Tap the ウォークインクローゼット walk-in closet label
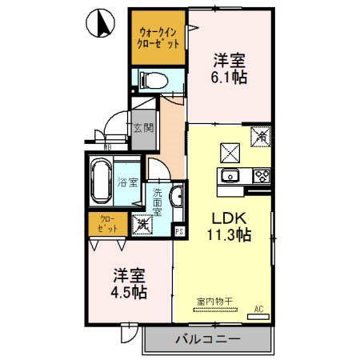pyautogui.click(x=158, y=38)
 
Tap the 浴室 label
pyautogui.click(x=127, y=182)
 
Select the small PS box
pyautogui.click(x=179, y=231)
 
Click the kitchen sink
pyautogui.click(x=232, y=176)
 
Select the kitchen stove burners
pyautogui.click(x=260, y=176)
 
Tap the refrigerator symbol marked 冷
pyautogui.click(x=261, y=137)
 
